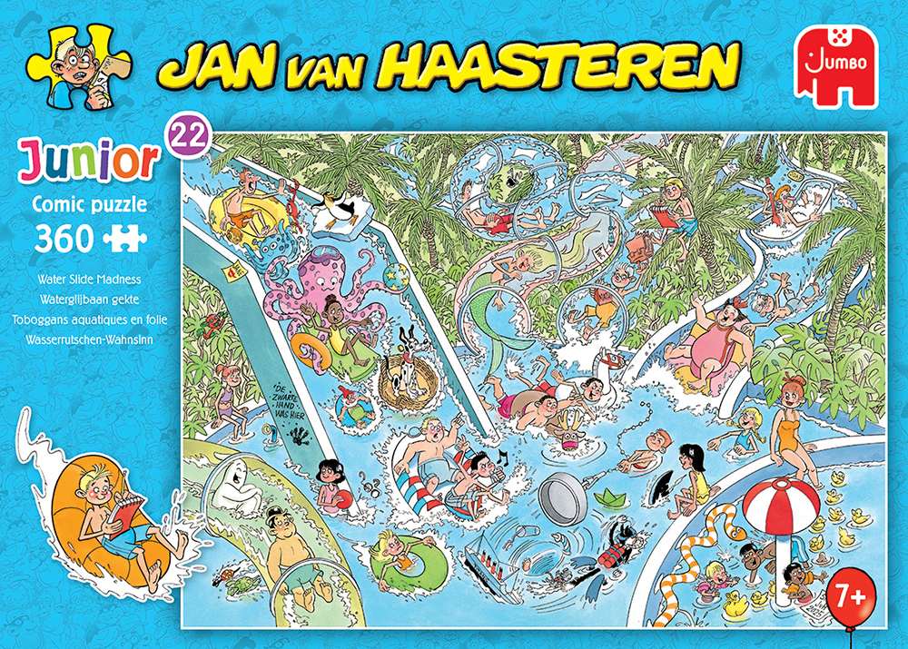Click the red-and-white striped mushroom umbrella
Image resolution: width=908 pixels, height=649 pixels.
782,501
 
